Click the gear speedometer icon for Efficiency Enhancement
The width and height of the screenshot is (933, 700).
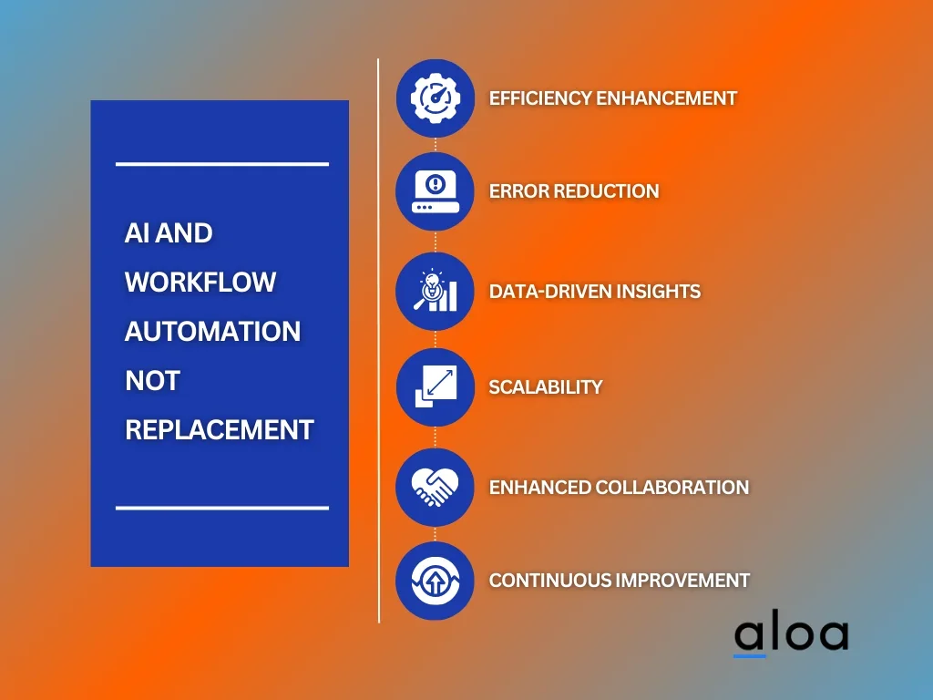pos(436,98)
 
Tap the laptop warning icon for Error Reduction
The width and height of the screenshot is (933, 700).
pos(435,191)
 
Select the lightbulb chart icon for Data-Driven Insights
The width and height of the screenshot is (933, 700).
pos(435,291)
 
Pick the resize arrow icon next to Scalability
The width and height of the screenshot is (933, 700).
pos(436,386)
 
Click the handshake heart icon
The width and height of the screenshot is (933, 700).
pos(435,487)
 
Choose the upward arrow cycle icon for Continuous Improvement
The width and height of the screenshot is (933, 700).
pos(435,581)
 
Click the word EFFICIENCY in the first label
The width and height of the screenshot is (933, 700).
pos(540,98)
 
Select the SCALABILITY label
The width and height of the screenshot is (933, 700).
pos(546,386)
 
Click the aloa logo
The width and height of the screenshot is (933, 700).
pos(791,636)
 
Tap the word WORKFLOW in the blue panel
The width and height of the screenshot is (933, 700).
pos(200,283)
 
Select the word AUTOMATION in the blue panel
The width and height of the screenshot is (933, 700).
pos(213,332)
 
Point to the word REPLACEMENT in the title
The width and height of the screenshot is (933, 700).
pos(220,430)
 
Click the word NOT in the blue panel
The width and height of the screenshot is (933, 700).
pos(153,381)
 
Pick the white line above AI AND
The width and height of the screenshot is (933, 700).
pos(222,164)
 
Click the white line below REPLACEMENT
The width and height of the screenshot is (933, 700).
pos(222,508)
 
